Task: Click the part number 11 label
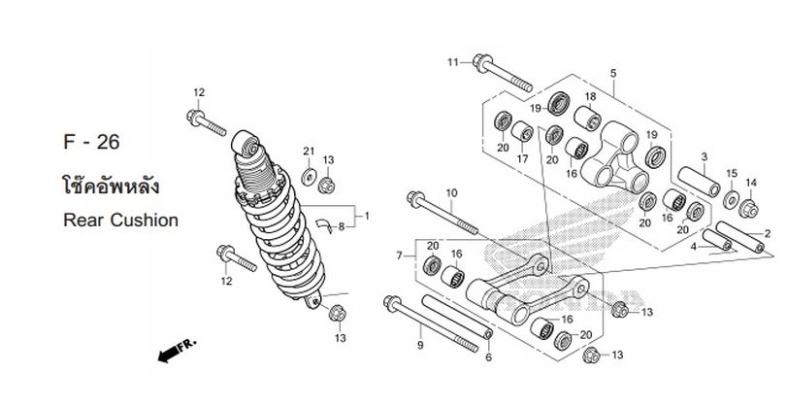(452, 62)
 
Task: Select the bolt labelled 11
(503, 73)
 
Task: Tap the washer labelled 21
(309, 177)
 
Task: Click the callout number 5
(613, 74)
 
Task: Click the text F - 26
(91, 142)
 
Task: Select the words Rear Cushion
(120, 221)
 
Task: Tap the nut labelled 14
(748, 208)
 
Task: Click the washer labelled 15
(731, 200)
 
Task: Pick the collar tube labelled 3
(700, 182)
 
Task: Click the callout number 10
(451, 193)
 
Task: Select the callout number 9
(420, 345)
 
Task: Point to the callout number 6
(489, 357)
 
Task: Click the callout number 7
(399, 255)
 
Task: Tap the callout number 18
(591, 96)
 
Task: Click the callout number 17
(523, 159)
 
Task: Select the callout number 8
(342, 227)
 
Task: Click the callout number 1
(367, 217)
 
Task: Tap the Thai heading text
(112, 186)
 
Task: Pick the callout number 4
(694, 247)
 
